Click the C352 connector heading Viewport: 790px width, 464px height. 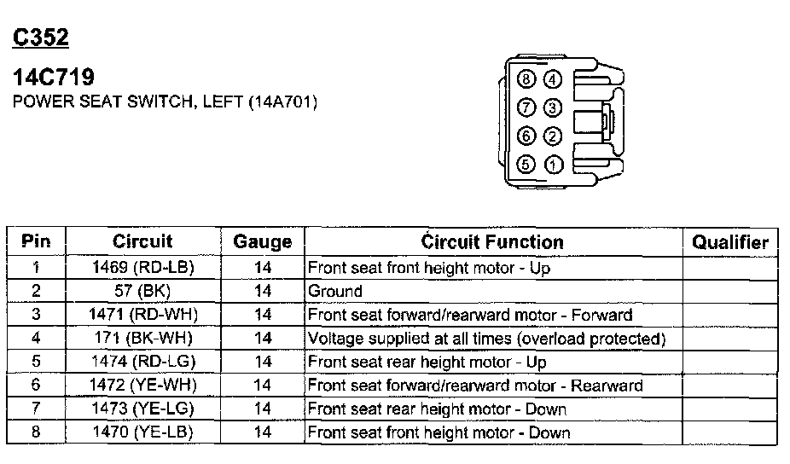[x=40, y=38]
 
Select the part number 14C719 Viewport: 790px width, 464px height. [x=53, y=78]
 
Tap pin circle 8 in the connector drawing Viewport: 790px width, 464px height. [x=526, y=80]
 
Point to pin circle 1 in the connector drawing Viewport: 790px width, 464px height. [x=553, y=165]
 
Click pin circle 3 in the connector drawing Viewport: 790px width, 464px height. [x=553, y=107]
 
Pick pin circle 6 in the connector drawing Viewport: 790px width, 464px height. [x=526, y=136]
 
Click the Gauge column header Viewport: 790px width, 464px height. [x=262, y=242]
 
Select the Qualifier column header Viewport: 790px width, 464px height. [x=730, y=242]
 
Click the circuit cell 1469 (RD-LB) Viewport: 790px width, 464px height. [x=142, y=268]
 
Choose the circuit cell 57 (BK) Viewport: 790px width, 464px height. [x=142, y=292]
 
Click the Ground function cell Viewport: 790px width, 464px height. [x=335, y=292]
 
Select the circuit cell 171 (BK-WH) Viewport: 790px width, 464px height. [x=142, y=339]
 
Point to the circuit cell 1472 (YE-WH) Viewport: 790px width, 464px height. [x=142, y=386]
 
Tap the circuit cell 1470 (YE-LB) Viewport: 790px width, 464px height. [x=142, y=432]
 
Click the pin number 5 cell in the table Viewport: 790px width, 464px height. [x=36, y=362]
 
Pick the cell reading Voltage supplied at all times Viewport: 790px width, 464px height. [x=486, y=339]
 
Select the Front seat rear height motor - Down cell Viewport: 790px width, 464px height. [x=437, y=409]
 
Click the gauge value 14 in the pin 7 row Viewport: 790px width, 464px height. [x=262, y=409]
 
